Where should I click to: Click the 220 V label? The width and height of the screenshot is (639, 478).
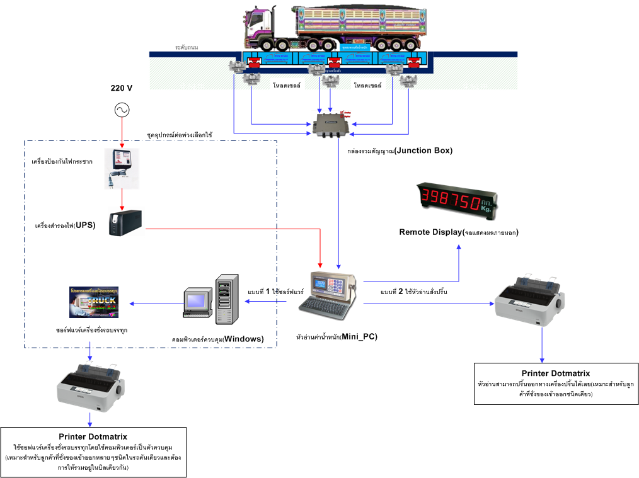121,88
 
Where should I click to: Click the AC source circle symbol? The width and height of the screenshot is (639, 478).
121,111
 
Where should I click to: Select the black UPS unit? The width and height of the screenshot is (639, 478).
125,224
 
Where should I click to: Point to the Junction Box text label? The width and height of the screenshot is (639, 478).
400,151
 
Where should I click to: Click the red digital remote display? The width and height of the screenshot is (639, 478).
458,196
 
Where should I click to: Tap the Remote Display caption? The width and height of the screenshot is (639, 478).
458,232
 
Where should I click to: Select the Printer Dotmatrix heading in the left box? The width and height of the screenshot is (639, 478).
93,436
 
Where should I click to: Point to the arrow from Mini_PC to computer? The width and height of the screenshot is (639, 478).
271,301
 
